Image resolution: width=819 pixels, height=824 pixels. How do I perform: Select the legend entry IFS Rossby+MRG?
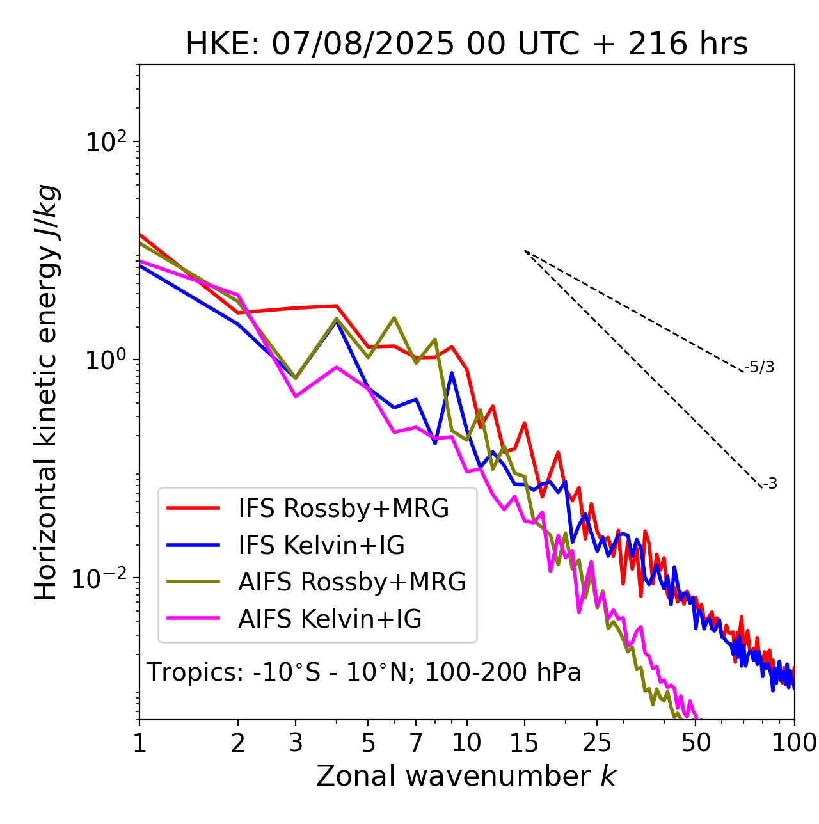[x=343, y=509]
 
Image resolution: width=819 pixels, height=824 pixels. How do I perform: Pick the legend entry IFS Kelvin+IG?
[x=321, y=546]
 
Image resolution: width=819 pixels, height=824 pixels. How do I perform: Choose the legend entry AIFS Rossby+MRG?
[x=352, y=582]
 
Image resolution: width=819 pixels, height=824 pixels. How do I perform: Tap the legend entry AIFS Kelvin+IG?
[x=330, y=619]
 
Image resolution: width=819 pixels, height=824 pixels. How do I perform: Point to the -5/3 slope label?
[x=759, y=368]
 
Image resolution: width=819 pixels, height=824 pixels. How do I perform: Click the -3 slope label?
[x=770, y=484]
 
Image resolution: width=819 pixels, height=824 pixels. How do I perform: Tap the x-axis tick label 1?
[x=139, y=743]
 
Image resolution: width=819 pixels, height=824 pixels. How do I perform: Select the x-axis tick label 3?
[x=296, y=743]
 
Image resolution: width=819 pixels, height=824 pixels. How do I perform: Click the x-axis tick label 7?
[x=416, y=743]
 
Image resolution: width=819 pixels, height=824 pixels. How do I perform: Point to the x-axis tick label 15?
[x=525, y=743]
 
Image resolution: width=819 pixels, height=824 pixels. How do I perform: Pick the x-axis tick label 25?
[x=597, y=743]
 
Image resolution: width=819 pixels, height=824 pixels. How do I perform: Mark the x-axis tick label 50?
[x=696, y=743]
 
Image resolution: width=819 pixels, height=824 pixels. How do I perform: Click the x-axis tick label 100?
[x=794, y=743]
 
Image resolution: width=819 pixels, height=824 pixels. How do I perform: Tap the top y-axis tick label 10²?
[x=107, y=141]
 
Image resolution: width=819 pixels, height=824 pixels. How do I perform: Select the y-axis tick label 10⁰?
[x=107, y=360]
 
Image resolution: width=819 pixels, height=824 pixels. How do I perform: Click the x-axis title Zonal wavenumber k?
[x=466, y=776]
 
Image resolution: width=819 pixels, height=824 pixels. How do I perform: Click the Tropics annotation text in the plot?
[x=364, y=673]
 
